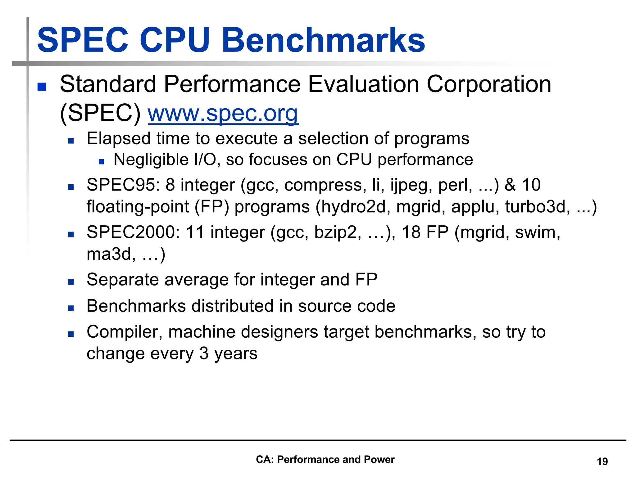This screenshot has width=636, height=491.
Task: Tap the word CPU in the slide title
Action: click(x=175, y=40)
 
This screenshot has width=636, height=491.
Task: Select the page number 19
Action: click(x=602, y=462)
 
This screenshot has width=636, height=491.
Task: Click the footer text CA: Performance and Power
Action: click(x=325, y=459)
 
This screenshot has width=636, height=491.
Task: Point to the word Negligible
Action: click(x=151, y=160)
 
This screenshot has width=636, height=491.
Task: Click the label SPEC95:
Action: click(x=123, y=185)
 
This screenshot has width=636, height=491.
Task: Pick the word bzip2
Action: click(x=338, y=233)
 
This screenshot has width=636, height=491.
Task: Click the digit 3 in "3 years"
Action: click(x=204, y=354)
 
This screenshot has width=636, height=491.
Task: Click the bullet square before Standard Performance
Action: click(x=42, y=87)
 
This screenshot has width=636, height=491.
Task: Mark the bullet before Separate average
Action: click(x=71, y=282)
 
